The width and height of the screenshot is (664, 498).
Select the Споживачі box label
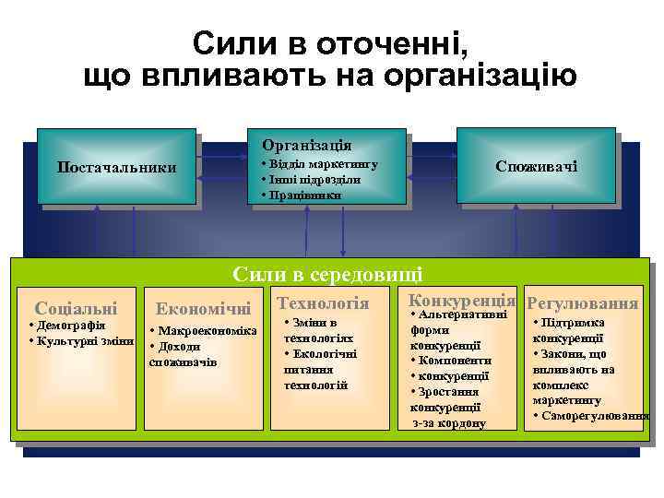coord(536,166)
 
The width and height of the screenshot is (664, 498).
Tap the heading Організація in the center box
coord(306,146)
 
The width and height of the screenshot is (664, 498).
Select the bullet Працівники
coord(303,195)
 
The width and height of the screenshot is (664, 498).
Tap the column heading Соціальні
coord(76,307)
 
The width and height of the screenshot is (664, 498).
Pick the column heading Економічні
coord(204,308)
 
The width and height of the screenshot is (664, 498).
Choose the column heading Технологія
coord(323,303)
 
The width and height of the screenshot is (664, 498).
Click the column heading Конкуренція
coord(461,301)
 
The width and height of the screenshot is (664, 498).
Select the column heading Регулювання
coord(582,303)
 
